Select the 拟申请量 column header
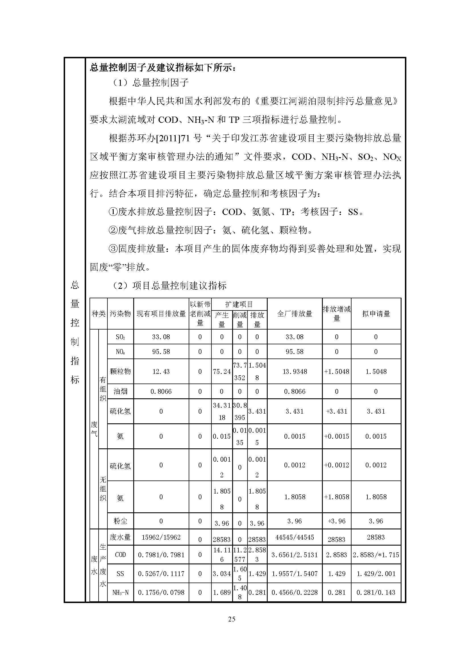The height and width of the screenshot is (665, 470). point(376,314)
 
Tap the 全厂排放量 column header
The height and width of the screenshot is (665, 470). point(294,314)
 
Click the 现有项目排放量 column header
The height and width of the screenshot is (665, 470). point(161,314)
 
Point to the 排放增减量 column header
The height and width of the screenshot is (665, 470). point(336,314)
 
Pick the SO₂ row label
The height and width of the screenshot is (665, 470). point(120,337)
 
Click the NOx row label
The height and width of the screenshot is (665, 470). point(120,352)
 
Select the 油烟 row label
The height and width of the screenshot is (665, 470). point(120,391)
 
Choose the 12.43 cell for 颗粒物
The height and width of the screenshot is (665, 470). point(161,372)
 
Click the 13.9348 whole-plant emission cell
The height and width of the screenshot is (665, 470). point(294,372)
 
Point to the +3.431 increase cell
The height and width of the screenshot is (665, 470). point(336,412)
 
